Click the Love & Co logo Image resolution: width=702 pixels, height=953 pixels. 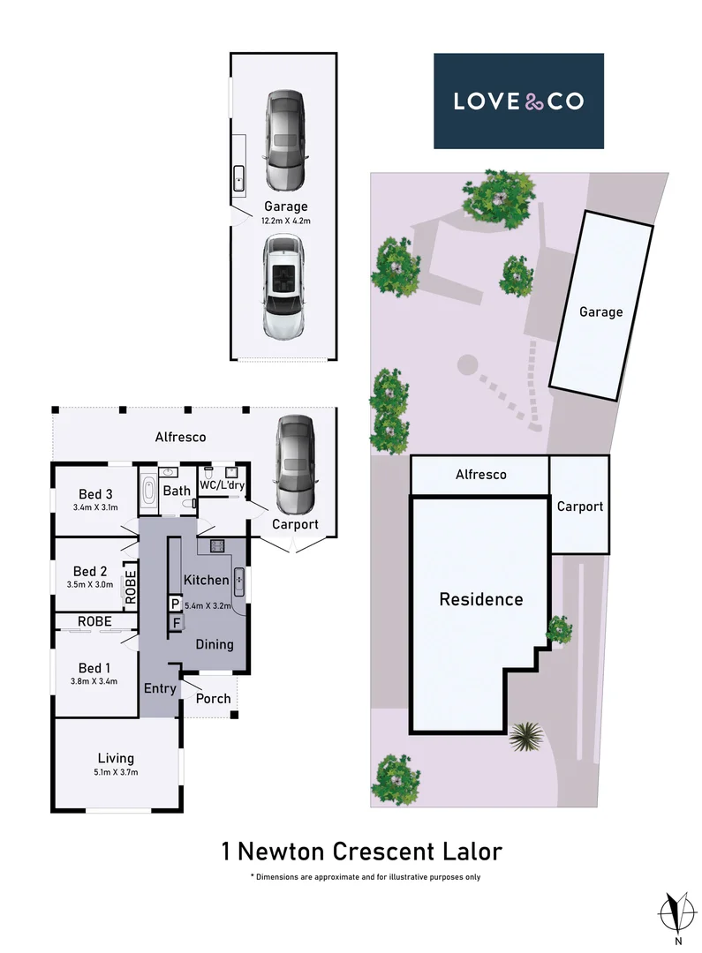pyautogui.click(x=518, y=101)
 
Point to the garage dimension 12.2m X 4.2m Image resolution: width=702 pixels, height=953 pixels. pyautogui.click(x=286, y=221)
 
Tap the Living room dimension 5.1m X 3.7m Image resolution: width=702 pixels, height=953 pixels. pyautogui.click(x=116, y=772)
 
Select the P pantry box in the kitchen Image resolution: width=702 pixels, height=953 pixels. pyautogui.click(x=176, y=604)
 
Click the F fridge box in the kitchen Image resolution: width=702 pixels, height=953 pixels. pyautogui.click(x=176, y=623)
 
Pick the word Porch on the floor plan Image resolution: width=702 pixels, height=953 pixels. pyautogui.click(x=213, y=698)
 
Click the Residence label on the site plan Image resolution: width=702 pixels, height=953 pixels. pyautogui.click(x=481, y=599)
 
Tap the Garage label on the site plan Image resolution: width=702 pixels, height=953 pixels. pyautogui.click(x=600, y=311)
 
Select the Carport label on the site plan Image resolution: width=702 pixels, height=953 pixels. pyautogui.click(x=579, y=507)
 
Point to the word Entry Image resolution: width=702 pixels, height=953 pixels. pyautogui.click(x=160, y=688)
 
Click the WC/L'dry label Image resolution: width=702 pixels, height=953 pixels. pyautogui.click(x=222, y=485)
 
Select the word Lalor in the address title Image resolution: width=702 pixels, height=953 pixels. pyautogui.click(x=471, y=852)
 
